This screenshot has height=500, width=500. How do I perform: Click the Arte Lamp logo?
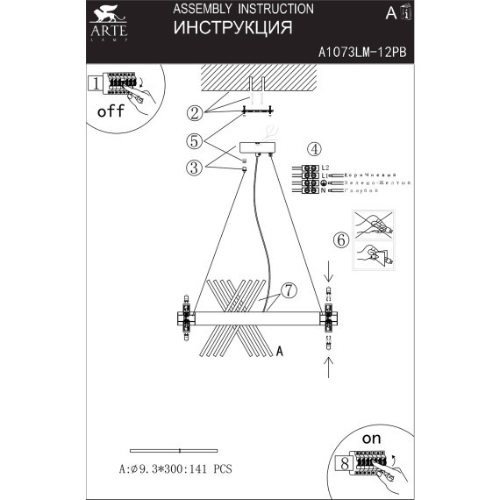(108, 23)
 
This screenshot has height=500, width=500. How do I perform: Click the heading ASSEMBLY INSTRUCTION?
(243, 9)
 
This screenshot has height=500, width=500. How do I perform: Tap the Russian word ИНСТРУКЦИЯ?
(232, 28)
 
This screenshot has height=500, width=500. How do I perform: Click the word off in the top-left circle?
(111, 111)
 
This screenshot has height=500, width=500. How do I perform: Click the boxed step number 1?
(94, 84)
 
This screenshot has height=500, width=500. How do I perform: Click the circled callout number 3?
(195, 168)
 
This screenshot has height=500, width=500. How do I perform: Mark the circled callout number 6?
(341, 239)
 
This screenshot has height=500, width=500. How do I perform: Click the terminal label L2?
(325, 167)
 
